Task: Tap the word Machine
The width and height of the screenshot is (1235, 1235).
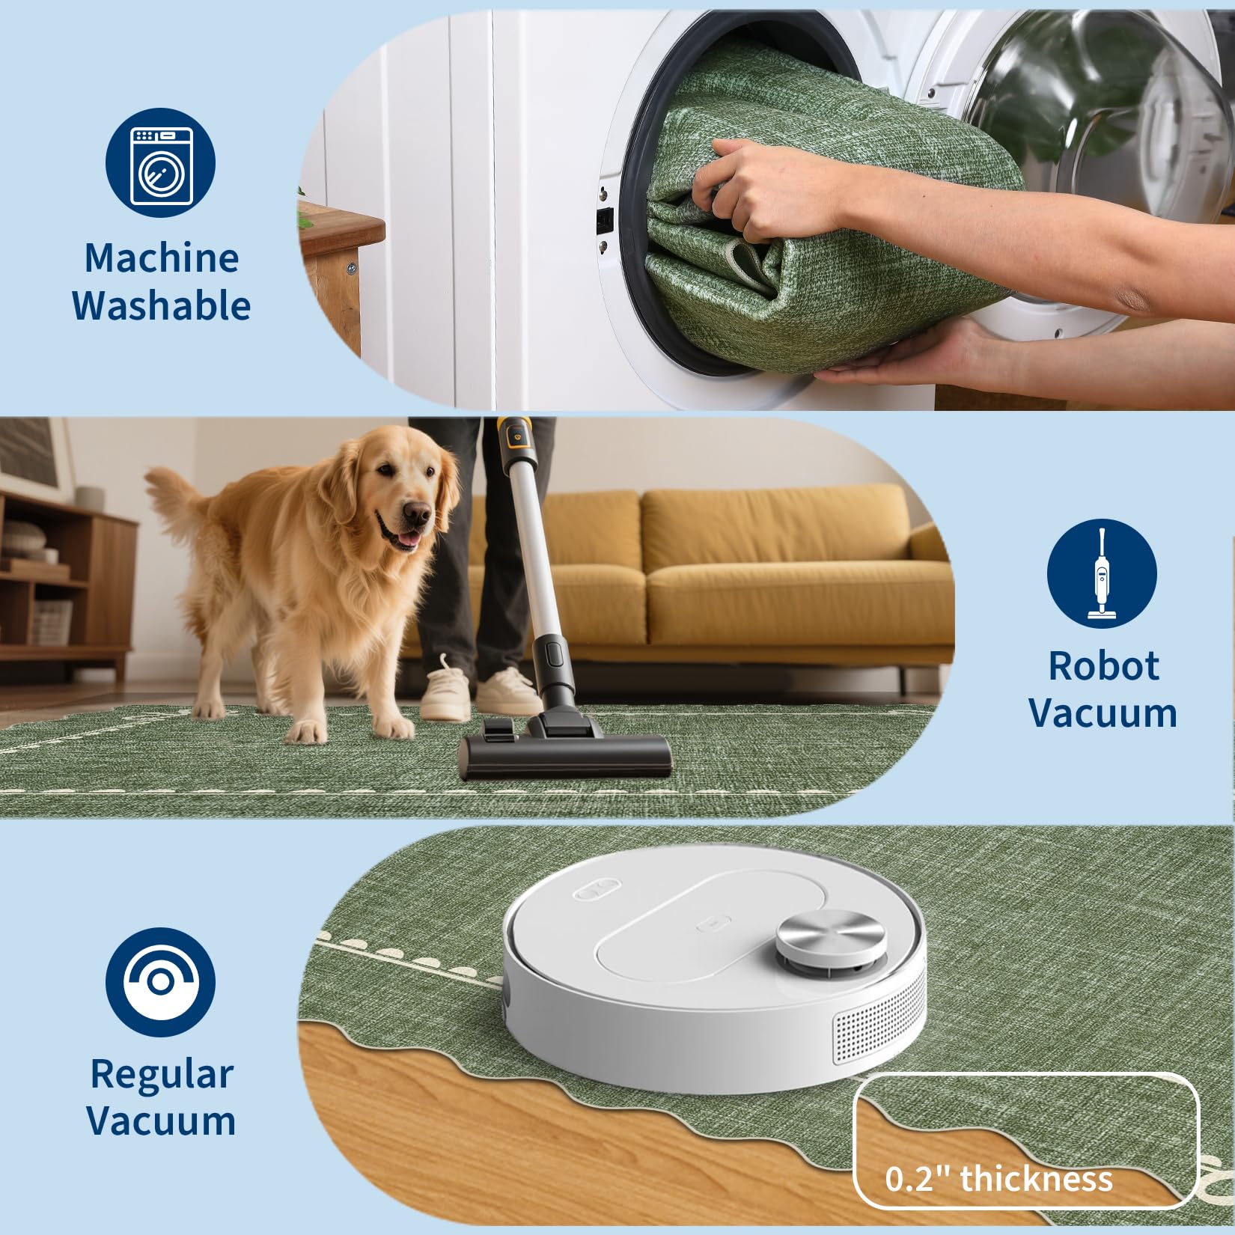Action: click(162, 258)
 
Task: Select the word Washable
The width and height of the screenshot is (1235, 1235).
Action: click(161, 305)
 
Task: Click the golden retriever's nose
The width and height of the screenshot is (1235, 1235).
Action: click(418, 513)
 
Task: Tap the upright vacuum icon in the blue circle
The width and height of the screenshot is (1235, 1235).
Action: click(1101, 574)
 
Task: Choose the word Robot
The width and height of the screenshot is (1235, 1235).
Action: click(1103, 665)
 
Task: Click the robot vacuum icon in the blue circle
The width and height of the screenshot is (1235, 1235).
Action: click(160, 982)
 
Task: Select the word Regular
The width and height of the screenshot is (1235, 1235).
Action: click(162, 1075)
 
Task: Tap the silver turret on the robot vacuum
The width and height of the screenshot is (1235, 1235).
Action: click(831, 937)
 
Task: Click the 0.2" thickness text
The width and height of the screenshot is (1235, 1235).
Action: click(998, 1179)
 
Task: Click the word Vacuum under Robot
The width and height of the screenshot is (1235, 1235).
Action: click(1103, 713)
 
